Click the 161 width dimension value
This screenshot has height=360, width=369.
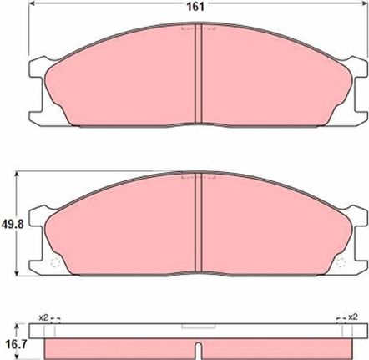[195, 7]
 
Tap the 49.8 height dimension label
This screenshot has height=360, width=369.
[13, 224]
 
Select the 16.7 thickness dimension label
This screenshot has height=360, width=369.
[16, 345]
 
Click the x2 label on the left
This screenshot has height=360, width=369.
[43, 317]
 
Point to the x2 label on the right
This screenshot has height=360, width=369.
[352, 317]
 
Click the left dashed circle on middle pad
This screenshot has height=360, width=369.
[55, 262]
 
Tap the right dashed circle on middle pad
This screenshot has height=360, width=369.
[341, 262]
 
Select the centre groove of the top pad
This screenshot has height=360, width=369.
[198, 74]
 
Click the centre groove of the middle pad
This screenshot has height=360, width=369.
[198, 222]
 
